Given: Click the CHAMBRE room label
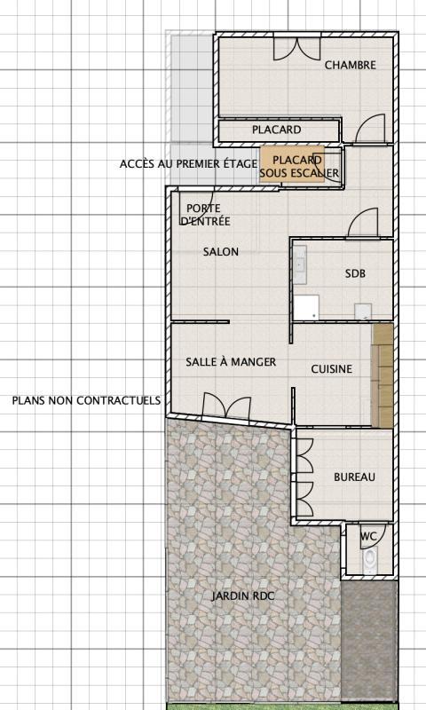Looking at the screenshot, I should [350, 65].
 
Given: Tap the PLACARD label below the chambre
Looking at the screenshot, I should [276, 130].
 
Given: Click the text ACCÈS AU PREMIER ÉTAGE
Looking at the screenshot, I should [188, 164].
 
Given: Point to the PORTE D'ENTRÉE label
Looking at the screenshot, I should [205, 215].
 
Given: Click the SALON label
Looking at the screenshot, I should [221, 252].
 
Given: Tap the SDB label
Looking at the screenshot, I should [355, 274].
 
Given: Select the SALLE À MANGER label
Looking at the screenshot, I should [231, 362].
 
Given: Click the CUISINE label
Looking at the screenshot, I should [331, 369].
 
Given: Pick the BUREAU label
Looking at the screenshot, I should [354, 477].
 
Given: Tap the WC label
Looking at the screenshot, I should [367, 536].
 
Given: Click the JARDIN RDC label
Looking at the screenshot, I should [242, 596].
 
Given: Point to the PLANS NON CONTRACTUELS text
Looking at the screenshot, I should [86, 400].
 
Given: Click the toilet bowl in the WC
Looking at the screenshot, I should [370, 559].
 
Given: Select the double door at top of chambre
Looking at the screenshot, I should [296, 48].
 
